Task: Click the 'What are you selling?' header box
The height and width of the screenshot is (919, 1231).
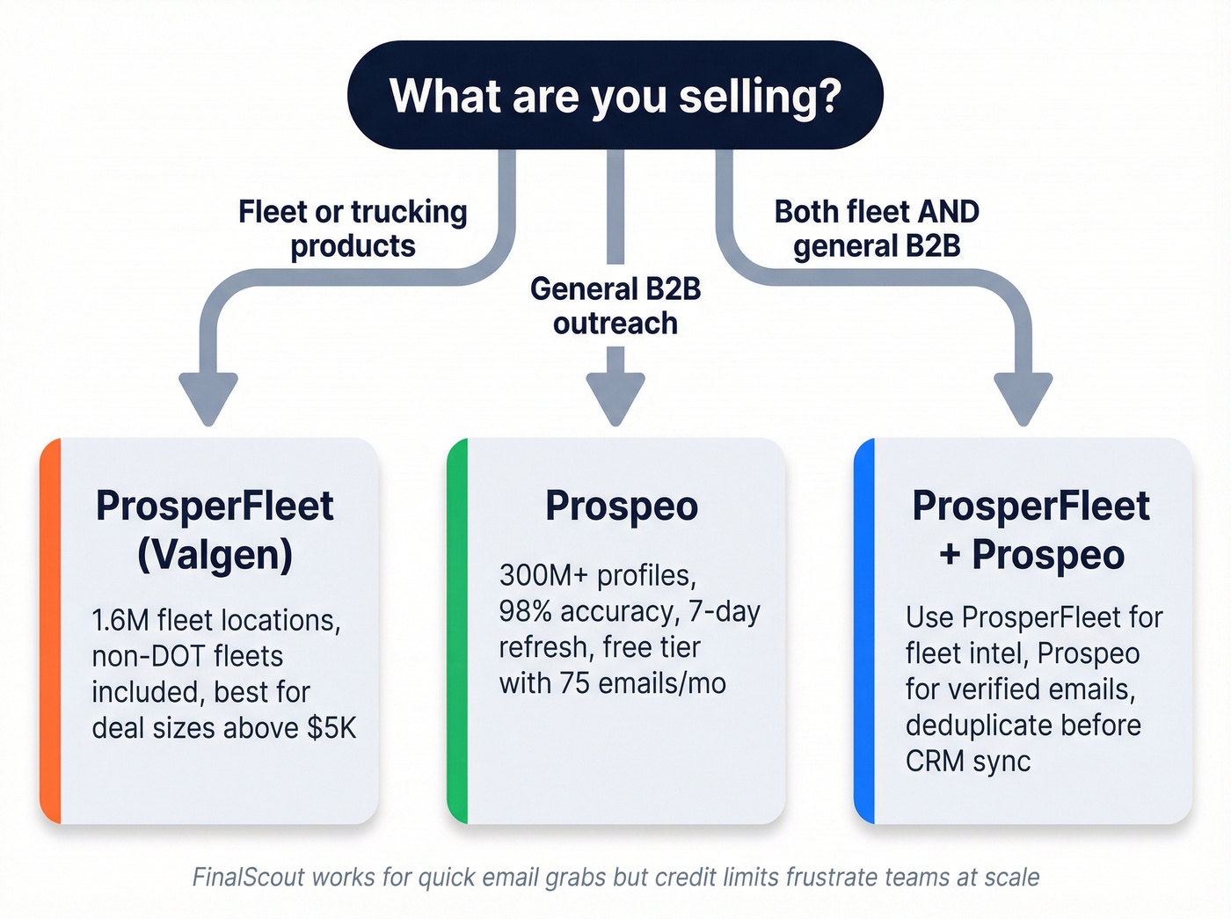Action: pyautogui.click(x=615, y=95)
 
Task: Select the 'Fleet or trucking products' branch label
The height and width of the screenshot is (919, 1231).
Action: pyautogui.click(x=353, y=229)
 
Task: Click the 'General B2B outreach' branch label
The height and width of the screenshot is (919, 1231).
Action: pyautogui.click(x=615, y=306)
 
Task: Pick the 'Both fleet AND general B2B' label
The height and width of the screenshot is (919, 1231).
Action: pyautogui.click(x=877, y=229)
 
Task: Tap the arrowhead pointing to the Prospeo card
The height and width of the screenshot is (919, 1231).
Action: pyautogui.click(x=615, y=398)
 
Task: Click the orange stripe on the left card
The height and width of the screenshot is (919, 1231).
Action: pyautogui.click(x=50, y=631)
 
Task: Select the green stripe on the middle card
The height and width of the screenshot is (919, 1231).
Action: pyautogui.click(x=457, y=631)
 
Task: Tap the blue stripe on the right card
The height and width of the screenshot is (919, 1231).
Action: pyautogui.click(x=864, y=631)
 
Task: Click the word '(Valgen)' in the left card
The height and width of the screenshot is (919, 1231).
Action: pyautogui.click(x=215, y=556)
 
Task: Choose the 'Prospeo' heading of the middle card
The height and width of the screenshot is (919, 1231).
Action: pyautogui.click(x=622, y=507)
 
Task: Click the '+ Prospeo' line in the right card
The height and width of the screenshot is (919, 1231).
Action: pyautogui.click(x=1031, y=556)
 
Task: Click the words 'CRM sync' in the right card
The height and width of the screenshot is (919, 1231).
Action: pyautogui.click(x=968, y=762)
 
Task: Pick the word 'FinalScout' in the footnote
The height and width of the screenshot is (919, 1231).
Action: pyautogui.click(x=248, y=878)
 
